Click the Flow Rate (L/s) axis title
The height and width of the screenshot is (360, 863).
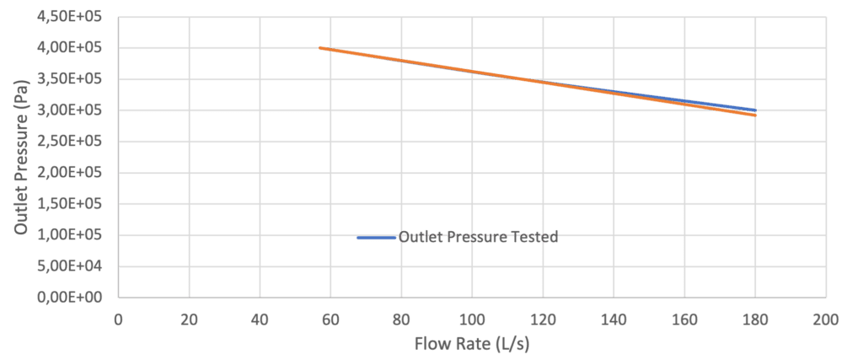click(472, 344)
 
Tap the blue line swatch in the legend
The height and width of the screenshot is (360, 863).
click(376, 238)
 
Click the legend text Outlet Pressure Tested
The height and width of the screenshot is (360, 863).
click(479, 237)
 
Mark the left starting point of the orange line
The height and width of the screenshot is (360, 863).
click(319, 48)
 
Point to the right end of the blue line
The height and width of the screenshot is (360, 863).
click(756, 110)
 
